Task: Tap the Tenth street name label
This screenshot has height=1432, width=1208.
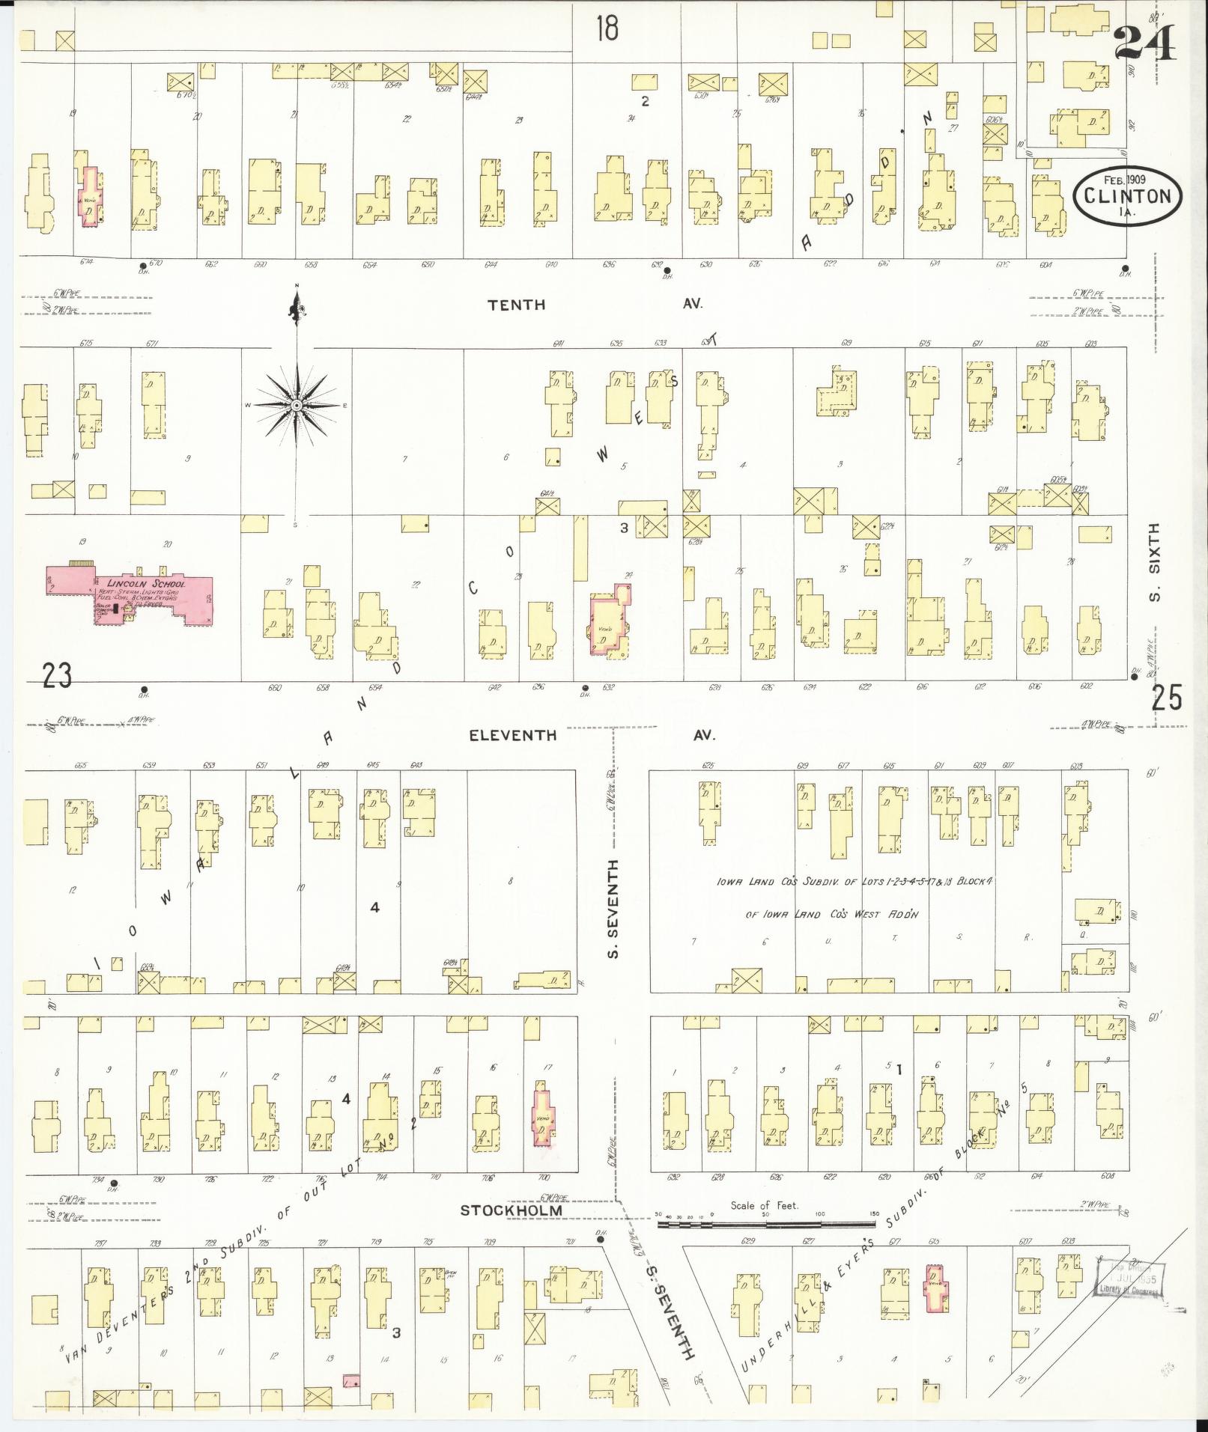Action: click(516, 305)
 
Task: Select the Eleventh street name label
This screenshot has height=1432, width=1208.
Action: click(512, 735)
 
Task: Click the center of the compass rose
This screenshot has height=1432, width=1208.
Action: click(297, 405)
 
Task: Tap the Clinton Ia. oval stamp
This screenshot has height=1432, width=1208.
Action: click(1128, 195)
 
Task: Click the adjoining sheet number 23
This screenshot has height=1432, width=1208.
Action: click(57, 676)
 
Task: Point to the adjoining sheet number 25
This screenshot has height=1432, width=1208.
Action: click(1167, 698)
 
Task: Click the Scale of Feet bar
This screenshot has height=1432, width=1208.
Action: click(767, 1225)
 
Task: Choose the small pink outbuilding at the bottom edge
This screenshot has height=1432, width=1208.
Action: click(350, 1379)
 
